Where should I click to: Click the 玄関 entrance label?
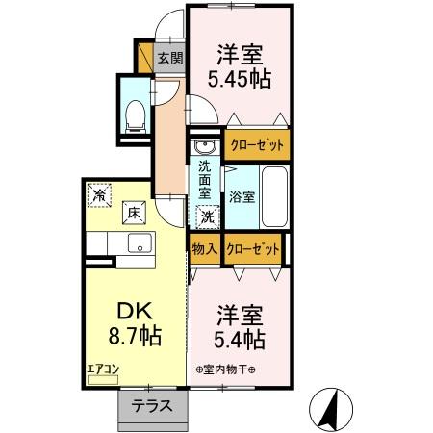[x=169, y=57]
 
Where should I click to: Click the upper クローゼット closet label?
[x=257, y=145]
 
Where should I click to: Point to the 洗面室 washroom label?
[x=205, y=179]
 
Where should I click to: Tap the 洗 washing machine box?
[x=208, y=217]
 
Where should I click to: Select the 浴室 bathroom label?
[x=242, y=197]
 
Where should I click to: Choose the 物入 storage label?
[x=204, y=248]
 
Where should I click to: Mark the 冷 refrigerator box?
[x=100, y=195]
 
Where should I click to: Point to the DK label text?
[x=136, y=312]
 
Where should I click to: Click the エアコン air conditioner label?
[x=103, y=369]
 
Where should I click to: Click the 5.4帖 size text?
[x=240, y=340]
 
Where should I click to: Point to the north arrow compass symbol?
[x=334, y=409]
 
